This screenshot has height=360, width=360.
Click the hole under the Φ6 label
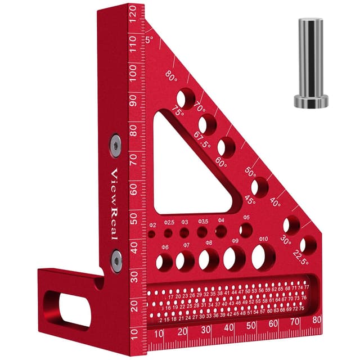pos(165,262)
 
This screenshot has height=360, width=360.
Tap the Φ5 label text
pos(246,217)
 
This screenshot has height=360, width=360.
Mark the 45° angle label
pos(250,200)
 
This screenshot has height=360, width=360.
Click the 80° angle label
pos(172,76)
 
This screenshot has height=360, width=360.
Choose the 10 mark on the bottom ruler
pos(160,332)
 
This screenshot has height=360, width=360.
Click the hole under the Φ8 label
pos(209,260)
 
